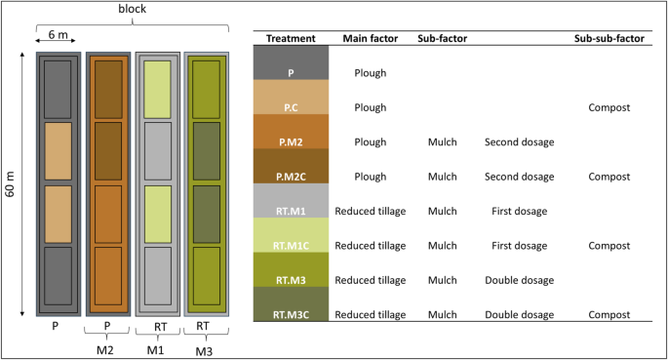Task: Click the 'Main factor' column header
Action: [365, 38]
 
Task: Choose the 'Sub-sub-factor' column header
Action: [610, 38]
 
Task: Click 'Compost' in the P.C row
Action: [610, 107]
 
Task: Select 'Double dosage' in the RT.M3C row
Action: [519, 315]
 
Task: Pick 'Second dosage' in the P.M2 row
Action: [519, 142]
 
